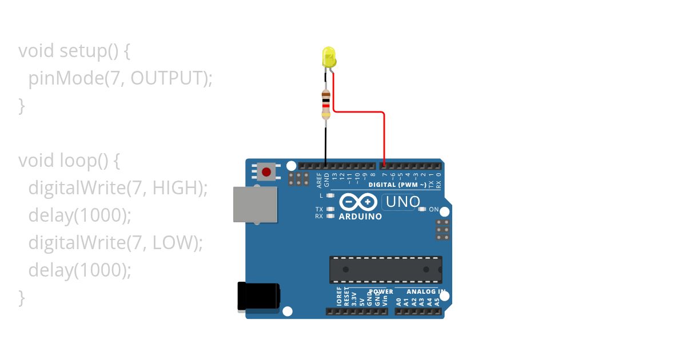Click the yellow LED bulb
coord(329,57)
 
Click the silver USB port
coord(255,204)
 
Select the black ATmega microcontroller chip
coord(385,269)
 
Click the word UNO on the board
coord(402,202)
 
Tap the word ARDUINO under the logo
coord(360,217)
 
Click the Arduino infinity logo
coord(358,202)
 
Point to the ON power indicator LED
coord(422,209)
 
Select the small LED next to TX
coord(330,209)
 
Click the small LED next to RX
coord(330,217)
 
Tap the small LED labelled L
coord(330,195)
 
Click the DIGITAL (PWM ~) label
coord(397,185)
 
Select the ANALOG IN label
coord(425,291)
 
